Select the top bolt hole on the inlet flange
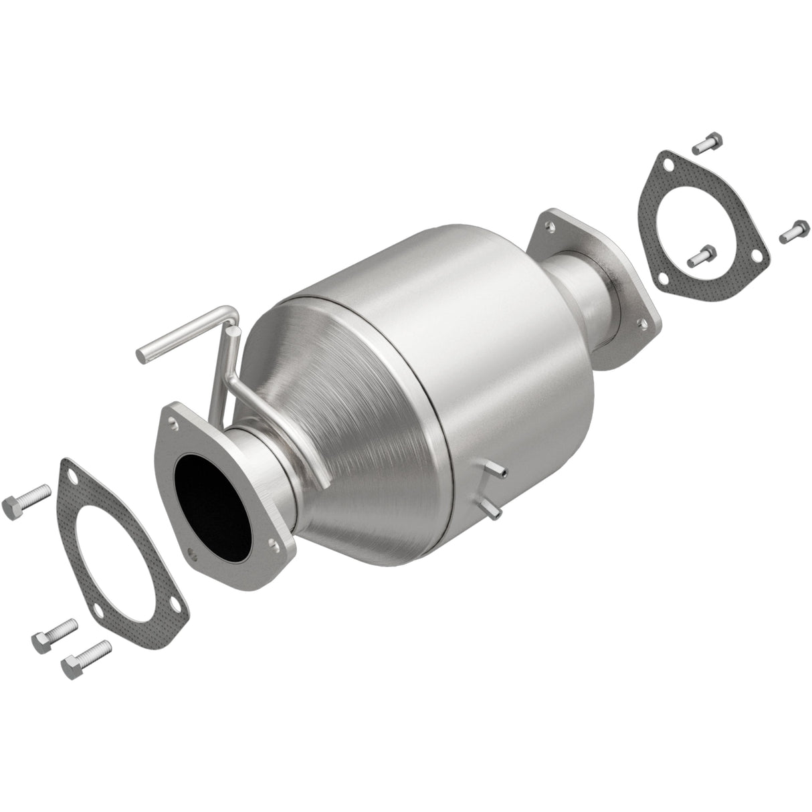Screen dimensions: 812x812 tap(175, 423)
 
